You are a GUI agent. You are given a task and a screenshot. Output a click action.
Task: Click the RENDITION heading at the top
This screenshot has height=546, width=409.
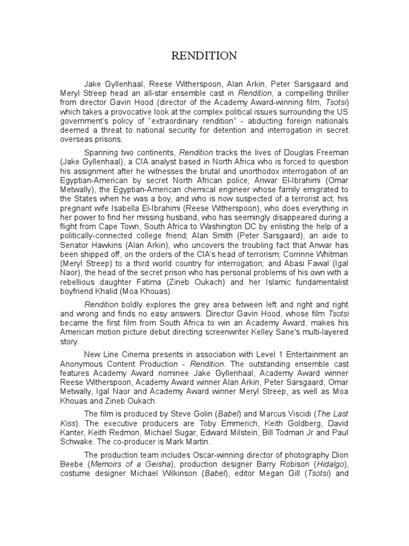point(204,56)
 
